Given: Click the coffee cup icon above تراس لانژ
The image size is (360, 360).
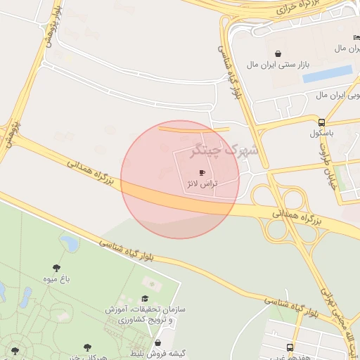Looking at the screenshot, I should [202, 172].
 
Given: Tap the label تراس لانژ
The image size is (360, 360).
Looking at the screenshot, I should [202, 184].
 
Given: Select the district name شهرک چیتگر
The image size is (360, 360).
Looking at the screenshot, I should [225, 150].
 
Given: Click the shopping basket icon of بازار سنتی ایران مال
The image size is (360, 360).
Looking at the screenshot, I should [278, 53].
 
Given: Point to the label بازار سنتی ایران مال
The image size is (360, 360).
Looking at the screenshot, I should [278, 65].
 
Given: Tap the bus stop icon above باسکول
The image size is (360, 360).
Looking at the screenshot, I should [322, 121].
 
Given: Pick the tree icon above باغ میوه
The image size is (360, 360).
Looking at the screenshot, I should [56, 267].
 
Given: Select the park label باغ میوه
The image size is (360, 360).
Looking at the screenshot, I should [56, 278].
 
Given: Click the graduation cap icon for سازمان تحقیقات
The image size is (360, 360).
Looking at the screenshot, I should [146, 299].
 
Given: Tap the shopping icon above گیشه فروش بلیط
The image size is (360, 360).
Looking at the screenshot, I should [157, 342].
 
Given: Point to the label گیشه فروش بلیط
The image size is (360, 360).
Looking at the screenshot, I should [161, 353].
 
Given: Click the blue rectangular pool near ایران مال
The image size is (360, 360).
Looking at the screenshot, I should [327, 73].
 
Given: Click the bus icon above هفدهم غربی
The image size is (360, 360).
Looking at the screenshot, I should [290, 347].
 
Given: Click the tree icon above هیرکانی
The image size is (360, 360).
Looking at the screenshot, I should [87, 347].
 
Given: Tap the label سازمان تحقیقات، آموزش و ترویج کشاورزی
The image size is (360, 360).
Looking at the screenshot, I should [145, 314].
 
